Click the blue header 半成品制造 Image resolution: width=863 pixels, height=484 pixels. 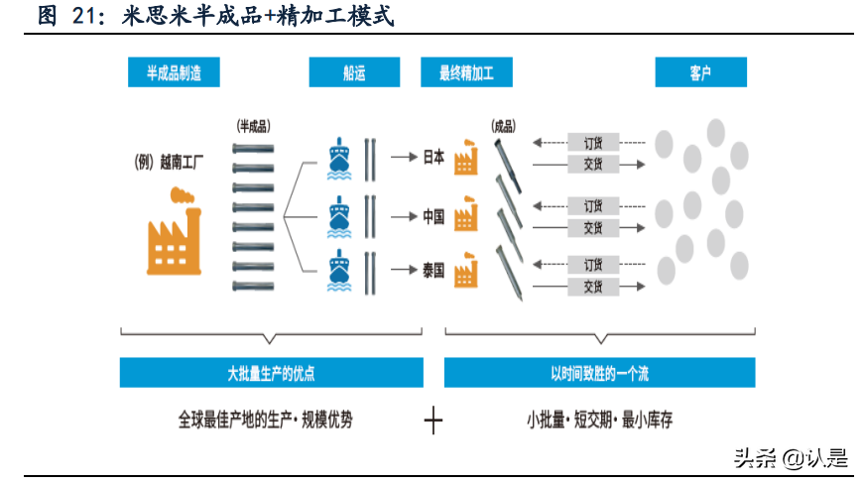tap(174, 72)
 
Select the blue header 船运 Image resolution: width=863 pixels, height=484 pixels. tap(354, 72)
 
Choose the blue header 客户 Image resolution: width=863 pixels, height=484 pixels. tap(699, 72)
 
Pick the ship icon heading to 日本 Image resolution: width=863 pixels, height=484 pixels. tap(339, 156)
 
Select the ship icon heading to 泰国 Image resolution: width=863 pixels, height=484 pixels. tap(339, 269)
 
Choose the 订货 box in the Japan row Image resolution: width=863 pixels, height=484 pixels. tap(593, 143)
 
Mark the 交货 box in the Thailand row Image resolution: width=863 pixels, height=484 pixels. tap(593, 287)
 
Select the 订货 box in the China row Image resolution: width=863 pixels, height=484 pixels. tap(593, 205)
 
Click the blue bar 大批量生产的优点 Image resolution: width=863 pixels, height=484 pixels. tap(271, 373)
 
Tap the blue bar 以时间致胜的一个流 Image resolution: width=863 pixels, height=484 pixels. tap(599, 373)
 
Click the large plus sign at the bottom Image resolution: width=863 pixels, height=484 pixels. tap(432, 421)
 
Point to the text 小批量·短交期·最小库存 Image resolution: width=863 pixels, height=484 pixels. tap(599, 420)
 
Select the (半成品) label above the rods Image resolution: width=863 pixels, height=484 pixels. tap(253, 126)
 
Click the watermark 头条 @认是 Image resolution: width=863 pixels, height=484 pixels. tap(790, 457)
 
